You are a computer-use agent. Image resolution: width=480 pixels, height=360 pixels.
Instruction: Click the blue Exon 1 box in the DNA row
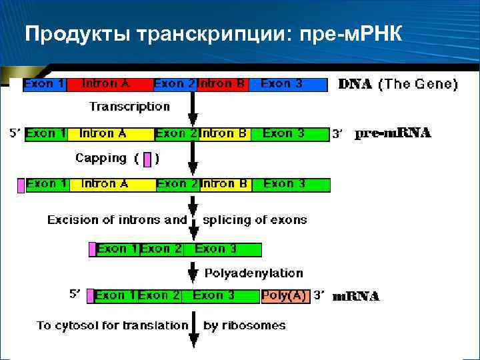pos(45,85)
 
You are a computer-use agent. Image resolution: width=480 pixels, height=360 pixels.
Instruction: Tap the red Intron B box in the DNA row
pos(223,85)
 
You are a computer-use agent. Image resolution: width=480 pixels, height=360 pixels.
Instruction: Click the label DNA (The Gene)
pos(398,84)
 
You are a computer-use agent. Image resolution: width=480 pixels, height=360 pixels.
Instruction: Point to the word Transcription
pos(130,107)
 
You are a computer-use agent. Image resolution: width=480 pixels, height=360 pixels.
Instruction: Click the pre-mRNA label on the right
pos(393,133)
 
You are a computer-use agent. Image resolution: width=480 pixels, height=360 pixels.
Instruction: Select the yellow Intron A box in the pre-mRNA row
pos(109,134)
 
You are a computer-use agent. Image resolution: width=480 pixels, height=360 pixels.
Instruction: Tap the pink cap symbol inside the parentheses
pos(147,159)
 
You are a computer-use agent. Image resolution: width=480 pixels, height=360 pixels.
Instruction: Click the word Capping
pos(101,159)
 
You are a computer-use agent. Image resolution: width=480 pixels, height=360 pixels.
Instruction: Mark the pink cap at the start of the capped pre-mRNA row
pos(21,185)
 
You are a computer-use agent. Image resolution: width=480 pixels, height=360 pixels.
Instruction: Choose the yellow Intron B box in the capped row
pos(224,184)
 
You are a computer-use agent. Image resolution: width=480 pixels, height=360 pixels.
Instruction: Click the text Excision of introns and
pos(117,220)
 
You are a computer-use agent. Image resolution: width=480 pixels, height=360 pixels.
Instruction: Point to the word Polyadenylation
pos(253,273)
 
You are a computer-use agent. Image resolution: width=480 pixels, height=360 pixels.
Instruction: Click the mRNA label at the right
pos(356,296)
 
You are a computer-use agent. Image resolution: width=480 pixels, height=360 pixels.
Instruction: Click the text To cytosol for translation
pos(113,325)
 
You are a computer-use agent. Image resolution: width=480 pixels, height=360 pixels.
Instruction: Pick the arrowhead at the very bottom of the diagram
pos(193,342)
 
